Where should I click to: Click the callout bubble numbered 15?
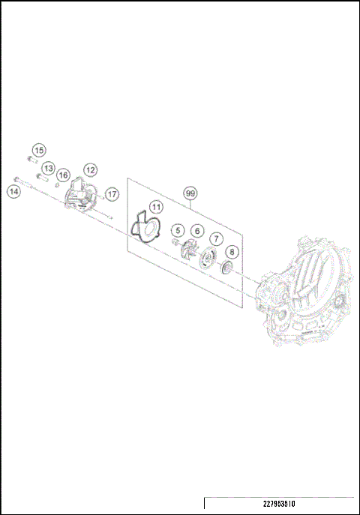click(38, 151)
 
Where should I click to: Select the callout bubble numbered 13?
click(47, 168)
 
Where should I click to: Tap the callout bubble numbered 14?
click(13, 192)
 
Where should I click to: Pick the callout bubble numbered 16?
click(63, 175)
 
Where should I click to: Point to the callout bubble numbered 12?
click(90, 169)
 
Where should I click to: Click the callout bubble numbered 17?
click(111, 194)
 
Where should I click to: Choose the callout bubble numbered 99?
click(190, 193)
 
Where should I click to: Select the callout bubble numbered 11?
click(155, 207)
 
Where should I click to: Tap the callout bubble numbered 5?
click(177, 230)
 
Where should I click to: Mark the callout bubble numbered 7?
click(215, 239)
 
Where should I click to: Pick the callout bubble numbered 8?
click(232, 253)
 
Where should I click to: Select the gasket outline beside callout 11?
click(144, 228)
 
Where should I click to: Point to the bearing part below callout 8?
click(226, 269)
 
